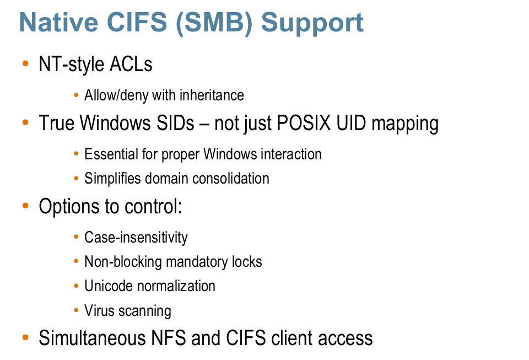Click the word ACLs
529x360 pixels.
(x=131, y=64)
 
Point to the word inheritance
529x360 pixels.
(x=212, y=95)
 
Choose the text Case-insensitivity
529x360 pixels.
(x=136, y=238)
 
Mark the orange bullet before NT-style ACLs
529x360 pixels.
(x=25, y=63)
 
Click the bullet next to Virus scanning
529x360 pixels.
(x=76, y=310)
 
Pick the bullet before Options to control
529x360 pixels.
(x=25, y=206)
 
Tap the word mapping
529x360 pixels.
(x=405, y=124)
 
